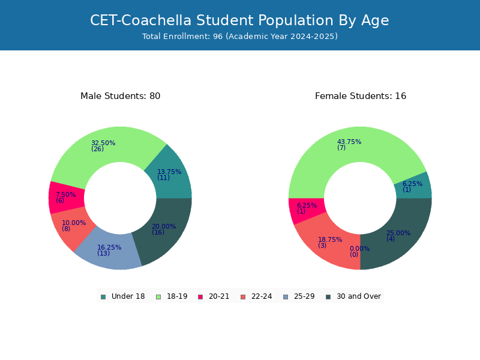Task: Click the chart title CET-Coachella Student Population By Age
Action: [239, 20]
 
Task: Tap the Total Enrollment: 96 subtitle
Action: [240, 37]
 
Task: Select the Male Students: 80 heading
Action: [121, 96]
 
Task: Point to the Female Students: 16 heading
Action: [361, 96]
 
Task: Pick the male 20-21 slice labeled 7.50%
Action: [66, 197]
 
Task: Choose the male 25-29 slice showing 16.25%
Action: [106, 251]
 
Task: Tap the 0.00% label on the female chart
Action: [359, 251]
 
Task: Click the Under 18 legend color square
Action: [103, 297]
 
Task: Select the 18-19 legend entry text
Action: [177, 296]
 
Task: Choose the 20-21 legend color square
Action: [200, 297]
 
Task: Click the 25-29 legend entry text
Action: [304, 296]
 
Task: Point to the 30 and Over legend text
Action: [359, 296]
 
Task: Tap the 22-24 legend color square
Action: [243, 297]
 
